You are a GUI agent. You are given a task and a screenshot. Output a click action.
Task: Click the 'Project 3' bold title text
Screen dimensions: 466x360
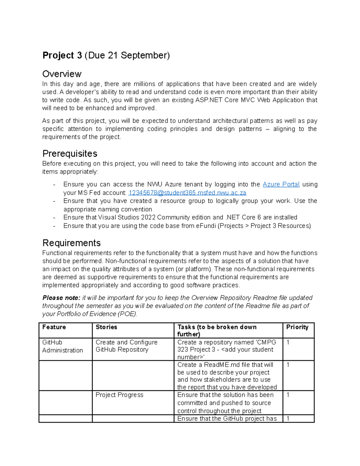[x=62, y=56]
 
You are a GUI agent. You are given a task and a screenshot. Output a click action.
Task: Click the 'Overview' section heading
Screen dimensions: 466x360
[x=62, y=74]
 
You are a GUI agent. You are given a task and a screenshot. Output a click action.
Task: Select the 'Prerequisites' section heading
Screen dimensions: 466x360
[x=70, y=154]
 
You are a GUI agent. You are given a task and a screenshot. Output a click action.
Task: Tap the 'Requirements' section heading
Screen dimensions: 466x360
[x=71, y=243]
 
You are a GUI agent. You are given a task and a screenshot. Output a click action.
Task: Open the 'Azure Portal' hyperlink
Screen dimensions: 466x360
[x=281, y=184]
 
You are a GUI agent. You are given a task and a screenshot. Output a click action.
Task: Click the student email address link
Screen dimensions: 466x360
[x=187, y=193]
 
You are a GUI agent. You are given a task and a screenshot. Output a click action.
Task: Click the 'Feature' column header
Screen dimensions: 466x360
[x=54, y=327]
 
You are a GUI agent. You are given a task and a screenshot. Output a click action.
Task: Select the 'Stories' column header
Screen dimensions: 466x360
[x=106, y=327]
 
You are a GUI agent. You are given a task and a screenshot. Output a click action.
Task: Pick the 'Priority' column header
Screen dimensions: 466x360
[x=297, y=327]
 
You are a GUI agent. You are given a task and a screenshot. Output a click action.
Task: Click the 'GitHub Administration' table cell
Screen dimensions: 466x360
[x=62, y=346]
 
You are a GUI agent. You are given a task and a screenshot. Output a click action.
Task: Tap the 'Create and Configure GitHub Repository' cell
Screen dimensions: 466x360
[x=126, y=346]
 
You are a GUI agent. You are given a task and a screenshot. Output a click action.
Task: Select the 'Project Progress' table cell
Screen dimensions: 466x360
[x=119, y=395]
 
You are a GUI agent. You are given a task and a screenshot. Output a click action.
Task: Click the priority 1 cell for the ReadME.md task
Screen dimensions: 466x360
[x=288, y=365]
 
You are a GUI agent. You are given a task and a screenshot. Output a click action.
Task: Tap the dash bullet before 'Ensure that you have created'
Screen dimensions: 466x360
[x=54, y=201]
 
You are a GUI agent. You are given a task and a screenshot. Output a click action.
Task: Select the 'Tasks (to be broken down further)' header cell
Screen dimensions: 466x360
[x=217, y=330]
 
